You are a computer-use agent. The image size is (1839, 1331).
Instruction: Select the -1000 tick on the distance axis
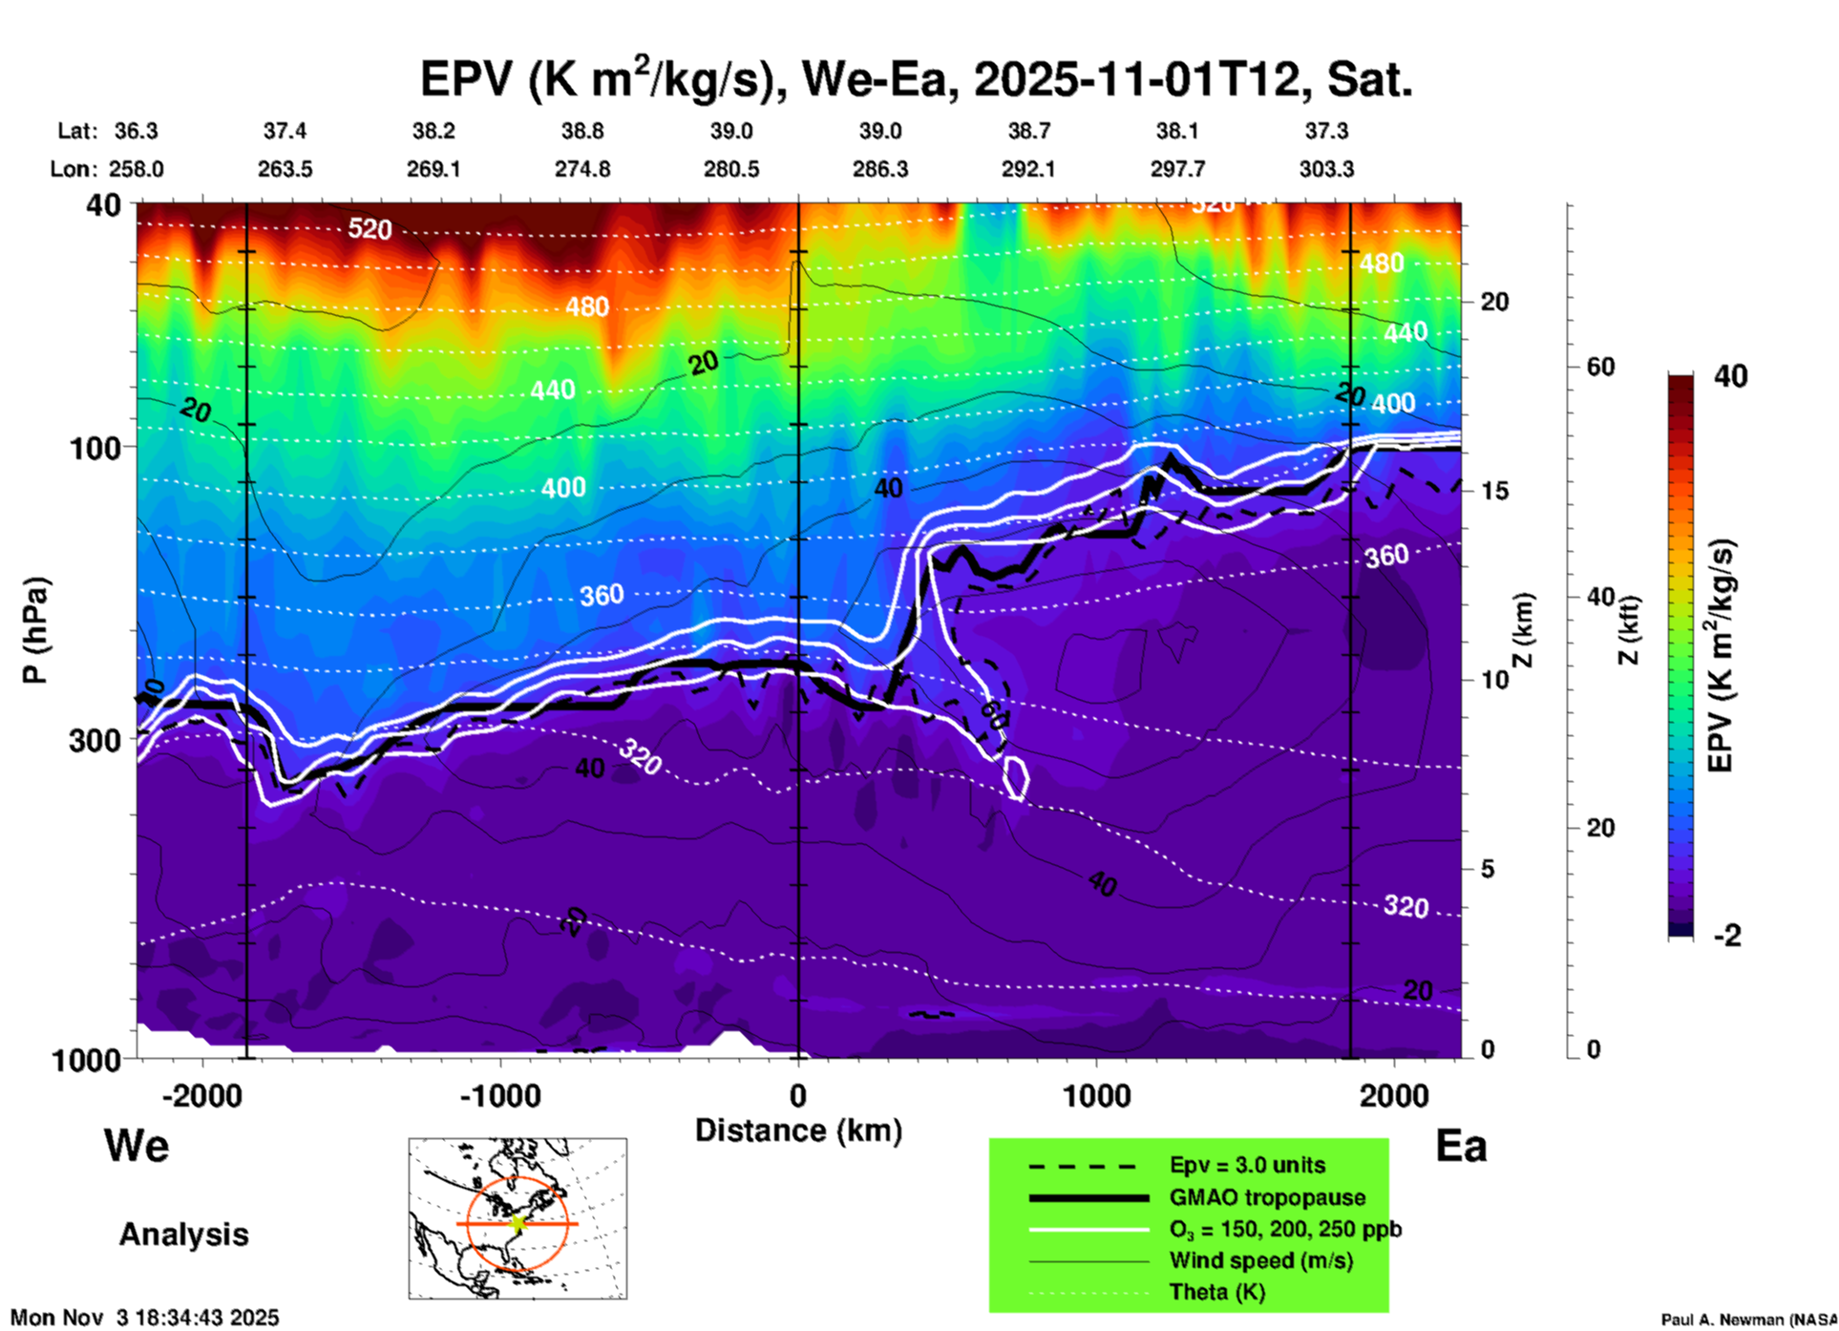[500, 1095]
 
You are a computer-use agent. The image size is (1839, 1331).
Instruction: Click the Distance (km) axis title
[798, 1130]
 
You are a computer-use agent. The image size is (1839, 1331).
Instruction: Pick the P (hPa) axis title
[36, 629]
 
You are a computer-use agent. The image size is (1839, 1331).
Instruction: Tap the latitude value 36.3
[136, 131]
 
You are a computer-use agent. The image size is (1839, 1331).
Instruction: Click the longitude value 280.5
[731, 169]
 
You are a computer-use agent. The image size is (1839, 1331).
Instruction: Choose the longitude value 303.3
[1326, 169]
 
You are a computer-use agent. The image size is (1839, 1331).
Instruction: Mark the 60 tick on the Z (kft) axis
[1600, 367]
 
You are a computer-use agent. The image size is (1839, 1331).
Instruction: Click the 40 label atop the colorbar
[1730, 376]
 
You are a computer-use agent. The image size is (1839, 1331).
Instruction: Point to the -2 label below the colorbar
[1726, 936]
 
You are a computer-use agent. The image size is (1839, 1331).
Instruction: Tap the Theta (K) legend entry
[1216, 1292]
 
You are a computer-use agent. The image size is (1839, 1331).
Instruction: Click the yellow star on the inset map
[518, 1223]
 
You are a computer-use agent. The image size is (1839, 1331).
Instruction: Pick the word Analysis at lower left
[183, 1235]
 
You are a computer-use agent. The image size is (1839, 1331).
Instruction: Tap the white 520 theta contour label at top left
[370, 229]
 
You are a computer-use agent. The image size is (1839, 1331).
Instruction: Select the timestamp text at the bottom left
[145, 1318]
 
